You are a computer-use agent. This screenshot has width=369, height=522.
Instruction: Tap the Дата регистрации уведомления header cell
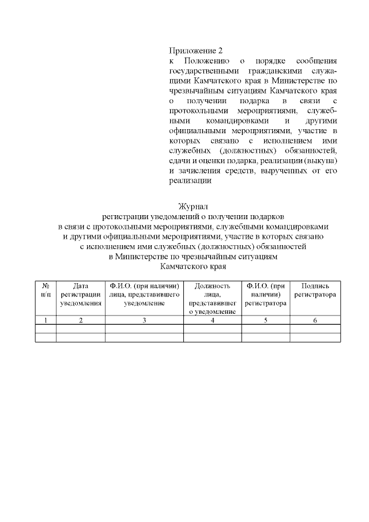point(81,294)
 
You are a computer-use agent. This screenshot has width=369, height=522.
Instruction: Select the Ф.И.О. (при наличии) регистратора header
point(265,294)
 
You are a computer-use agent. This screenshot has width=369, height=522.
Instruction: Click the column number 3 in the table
point(144,320)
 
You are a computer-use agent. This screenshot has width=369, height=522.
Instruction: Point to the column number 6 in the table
point(315,320)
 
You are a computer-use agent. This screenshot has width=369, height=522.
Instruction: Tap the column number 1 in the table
point(46,320)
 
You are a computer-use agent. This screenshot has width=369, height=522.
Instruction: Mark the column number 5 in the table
point(265,320)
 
